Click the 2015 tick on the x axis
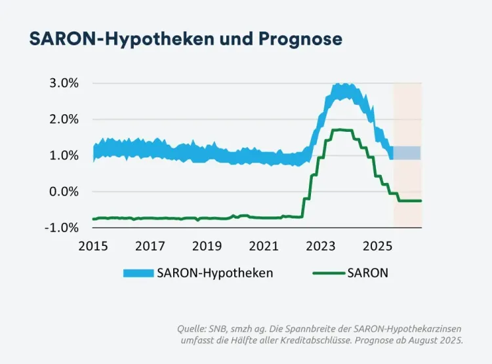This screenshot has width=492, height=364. [x=92, y=246]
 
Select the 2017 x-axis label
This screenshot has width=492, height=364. [x=150, y=246]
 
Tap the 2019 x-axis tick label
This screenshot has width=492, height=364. [x=207, y=246]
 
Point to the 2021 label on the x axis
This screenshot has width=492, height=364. [x=264, y=246]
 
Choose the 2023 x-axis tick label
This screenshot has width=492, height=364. [x=320, y=246]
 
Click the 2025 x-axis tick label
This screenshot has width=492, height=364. [x=377, y=246]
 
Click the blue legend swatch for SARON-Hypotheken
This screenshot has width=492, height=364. [x=138, y=273]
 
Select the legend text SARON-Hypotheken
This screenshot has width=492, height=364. [x=215, y=273]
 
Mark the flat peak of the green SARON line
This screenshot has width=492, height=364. [x=342, y=130]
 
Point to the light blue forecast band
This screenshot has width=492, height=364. [x=407, y=153]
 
